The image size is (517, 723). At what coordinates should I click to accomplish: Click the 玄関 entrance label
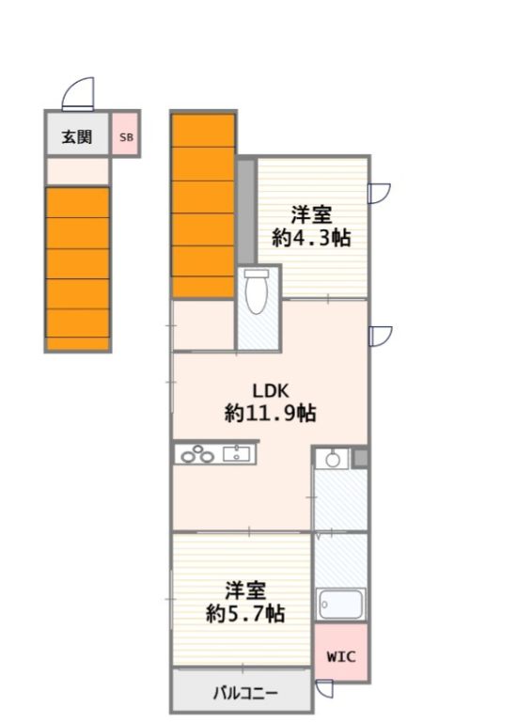[x=77, y=137]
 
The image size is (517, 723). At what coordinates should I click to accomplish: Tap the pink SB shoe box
[x=126, y=137]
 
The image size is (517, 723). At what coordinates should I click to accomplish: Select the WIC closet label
[x=340, y=656]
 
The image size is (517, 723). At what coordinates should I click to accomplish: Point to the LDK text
[x=269, y=391]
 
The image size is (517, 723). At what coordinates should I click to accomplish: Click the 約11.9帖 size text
[x=269, y=413]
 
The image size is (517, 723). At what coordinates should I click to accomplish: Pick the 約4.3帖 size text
[x=311, y=239]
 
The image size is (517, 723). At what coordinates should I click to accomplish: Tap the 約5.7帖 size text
[x=245, y=614]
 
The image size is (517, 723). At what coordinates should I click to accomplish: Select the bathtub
[x=340, y=603]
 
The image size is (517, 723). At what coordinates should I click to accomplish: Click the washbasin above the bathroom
[x=331, y=460]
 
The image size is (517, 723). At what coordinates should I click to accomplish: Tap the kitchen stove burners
[x=198, y=456]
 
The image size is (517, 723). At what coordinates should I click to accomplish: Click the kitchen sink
[x=237, y=456]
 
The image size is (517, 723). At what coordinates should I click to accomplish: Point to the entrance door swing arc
[x=79, y=94]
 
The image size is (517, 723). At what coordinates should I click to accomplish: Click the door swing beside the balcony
[x=324, y=689]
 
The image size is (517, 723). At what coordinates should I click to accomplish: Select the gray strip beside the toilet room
[x=245, y=212]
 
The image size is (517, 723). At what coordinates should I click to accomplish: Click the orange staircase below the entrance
[x=78, y=268]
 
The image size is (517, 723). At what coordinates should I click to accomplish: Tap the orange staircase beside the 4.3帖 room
[x=203, y=205]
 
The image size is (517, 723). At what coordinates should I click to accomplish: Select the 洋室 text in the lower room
[x=244, y=590]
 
